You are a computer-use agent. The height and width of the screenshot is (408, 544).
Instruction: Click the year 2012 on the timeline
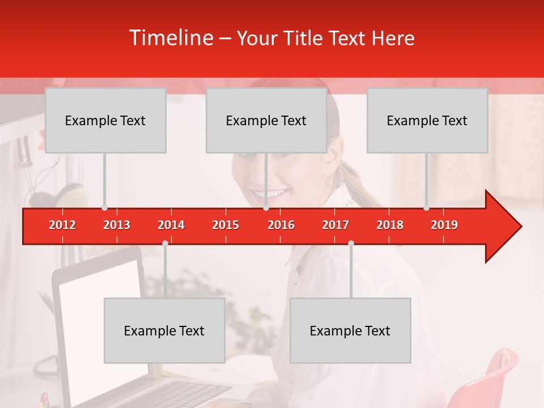[62, 225]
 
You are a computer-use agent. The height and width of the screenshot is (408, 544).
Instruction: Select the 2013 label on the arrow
[117, 225]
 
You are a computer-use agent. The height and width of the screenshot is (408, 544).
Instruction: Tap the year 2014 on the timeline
[171, 225]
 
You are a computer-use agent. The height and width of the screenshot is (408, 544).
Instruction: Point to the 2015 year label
[226, 225]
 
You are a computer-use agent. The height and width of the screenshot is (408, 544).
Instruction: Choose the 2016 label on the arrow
[281, 225]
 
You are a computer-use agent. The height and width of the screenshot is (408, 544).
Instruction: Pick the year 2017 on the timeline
[335, 225]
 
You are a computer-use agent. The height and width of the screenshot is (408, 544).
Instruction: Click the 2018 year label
[390, 225]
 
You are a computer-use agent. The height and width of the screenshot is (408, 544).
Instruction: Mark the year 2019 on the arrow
[444, 225]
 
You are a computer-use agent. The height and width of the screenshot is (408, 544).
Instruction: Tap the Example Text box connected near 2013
[105, 121]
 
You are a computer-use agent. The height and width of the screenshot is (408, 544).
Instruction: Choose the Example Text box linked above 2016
[266, 121]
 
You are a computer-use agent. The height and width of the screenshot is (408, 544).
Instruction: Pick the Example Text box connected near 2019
[427, 121]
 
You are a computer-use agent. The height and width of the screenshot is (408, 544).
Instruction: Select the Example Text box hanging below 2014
[164, 331]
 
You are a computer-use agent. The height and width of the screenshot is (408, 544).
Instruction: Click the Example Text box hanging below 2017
[350, 331]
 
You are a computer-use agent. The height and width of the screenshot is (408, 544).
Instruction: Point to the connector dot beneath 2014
[165, 243]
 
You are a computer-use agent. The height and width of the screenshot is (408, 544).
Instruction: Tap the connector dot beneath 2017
[351, 243]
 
